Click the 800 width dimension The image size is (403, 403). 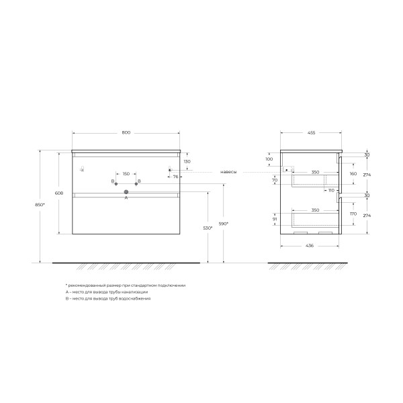point(126,132)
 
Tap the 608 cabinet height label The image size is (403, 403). point(60,193)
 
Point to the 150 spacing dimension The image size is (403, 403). point(126,175)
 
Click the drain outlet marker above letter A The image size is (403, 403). point(126,192)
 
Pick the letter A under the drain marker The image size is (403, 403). point(126,199)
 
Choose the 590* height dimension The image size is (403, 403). point(224,223)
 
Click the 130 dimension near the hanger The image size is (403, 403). point(187,162)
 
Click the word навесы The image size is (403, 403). point(228,171)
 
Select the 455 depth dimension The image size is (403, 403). point(312,132)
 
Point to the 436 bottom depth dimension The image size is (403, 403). point(310,246)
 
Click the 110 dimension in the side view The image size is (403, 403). point(331,190)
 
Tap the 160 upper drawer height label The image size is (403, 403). point(353,173)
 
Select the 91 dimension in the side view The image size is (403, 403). point(275,218)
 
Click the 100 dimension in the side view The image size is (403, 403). point(269,159)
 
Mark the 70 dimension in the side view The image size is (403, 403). point(275,180)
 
